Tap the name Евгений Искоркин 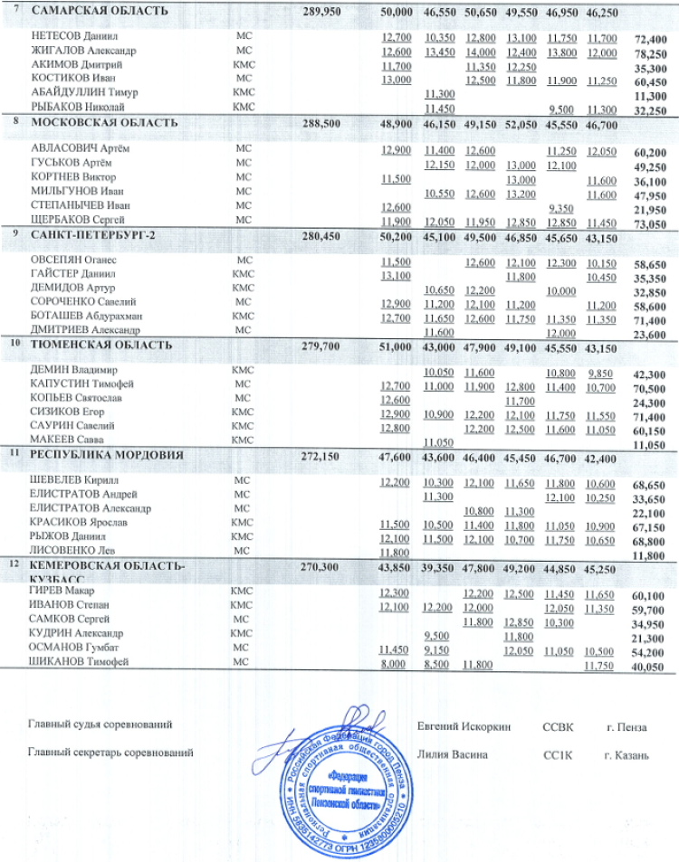(x=464, y=726)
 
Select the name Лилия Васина (x=453, y=753)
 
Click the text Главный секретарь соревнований (x=110, y=752)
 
